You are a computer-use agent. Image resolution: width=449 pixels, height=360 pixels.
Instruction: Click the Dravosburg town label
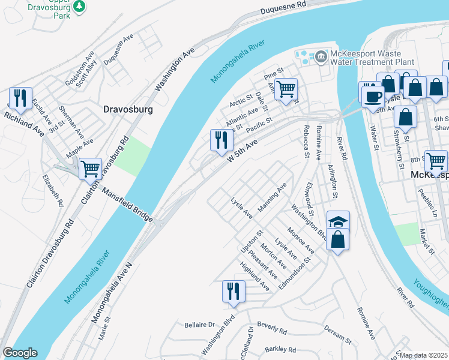tap(128, 110)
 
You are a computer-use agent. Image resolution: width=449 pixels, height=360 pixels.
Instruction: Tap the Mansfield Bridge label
tap(127, 204)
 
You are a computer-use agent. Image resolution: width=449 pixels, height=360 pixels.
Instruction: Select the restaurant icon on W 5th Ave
tap(220, 140)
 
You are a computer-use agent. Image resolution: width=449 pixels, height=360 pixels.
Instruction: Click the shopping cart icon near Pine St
tap(286, 89)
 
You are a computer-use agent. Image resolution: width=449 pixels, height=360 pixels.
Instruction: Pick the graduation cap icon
tap(338, 221)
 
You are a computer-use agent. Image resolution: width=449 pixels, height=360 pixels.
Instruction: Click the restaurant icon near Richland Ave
tap(20, 98)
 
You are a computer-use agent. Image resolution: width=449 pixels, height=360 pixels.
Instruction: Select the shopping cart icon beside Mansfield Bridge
tap(90, 169)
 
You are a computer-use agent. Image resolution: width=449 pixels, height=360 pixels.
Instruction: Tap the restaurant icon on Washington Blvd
tap(233, 292)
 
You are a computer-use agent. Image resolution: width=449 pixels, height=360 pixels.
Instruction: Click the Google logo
tap(20, 353)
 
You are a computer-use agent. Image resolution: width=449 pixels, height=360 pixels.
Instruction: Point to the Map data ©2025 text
tap(424, 355)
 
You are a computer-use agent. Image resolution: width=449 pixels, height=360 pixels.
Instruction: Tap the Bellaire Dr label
tap(199, 325)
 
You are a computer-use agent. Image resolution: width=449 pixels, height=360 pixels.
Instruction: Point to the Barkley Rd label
tap(280, 349)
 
